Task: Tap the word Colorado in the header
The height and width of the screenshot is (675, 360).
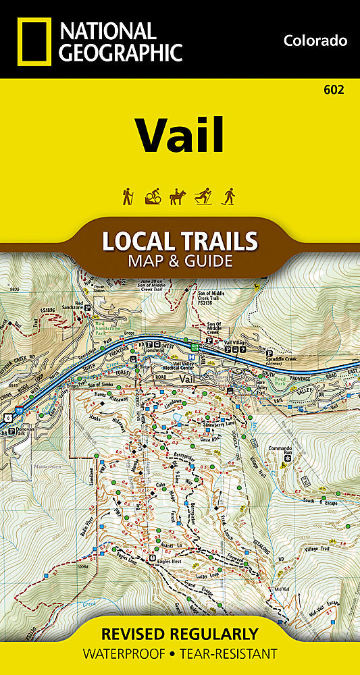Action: click(x=315, y=40)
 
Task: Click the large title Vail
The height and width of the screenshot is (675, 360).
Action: click(x=180, y=135)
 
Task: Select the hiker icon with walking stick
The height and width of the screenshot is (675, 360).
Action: click(x=126, y=196)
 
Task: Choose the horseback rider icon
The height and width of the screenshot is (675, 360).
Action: click(x=177, y=196)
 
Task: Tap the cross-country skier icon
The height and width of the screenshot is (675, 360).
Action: click(x=203, y=196)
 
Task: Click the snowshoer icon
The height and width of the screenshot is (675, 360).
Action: click(x=228, y=196)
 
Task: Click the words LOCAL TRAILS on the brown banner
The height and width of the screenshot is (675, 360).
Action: click(x=179, y=241)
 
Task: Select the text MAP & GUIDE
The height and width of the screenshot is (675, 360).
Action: click(x=179, y=260)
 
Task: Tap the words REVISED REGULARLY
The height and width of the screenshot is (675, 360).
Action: click(x=180, y=634)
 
